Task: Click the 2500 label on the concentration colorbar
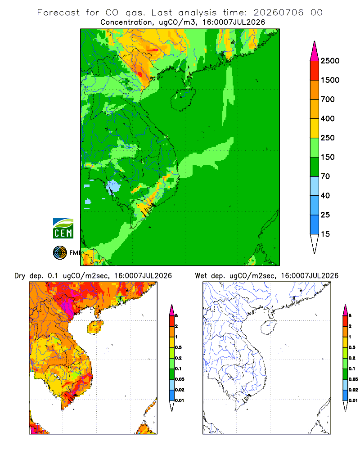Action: [330, 61]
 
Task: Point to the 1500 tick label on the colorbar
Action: [330, 80]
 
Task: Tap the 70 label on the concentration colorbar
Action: [325, 176]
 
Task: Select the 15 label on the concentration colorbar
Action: [325, 234]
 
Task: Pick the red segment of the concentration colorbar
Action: [315, 71]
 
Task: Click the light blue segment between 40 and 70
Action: [315, 186]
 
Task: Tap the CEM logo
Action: [63, 229]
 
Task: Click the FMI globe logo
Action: [60, 253]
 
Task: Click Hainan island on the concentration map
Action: [183, 99]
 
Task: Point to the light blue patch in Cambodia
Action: [114, 186]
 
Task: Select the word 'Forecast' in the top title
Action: [58, 13]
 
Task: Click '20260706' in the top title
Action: [278, 13]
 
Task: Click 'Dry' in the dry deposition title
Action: [20, 276]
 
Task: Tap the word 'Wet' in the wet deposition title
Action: [201, 276]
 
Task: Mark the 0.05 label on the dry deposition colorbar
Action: [180, 379]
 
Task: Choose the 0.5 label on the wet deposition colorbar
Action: [352, 347]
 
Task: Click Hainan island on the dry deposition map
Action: [95, 327]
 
